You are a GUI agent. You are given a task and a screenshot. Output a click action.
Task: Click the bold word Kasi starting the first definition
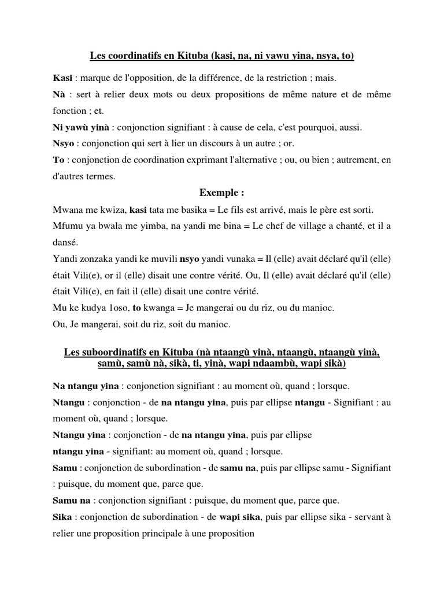61,77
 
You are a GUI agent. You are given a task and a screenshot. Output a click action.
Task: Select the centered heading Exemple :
222,191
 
